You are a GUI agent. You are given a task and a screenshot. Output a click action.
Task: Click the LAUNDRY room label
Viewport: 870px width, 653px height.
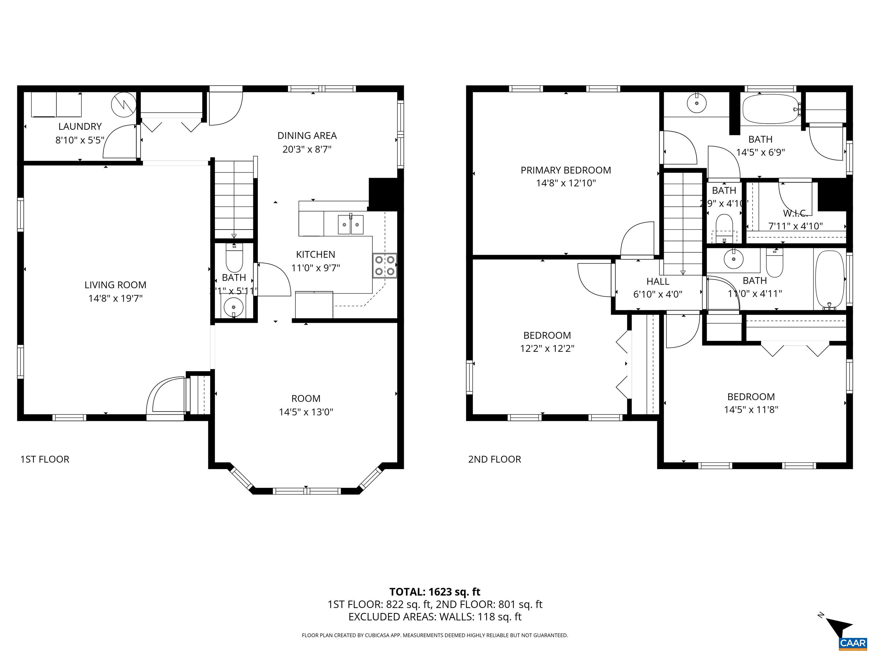[x=80, y=126]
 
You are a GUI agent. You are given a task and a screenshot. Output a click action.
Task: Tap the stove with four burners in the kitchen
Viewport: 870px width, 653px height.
[x=385, y=266]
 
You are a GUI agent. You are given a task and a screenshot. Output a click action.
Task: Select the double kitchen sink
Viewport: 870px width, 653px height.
[x=350, y=225]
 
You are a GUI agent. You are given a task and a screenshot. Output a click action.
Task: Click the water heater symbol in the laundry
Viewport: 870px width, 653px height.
[x=123, y=104]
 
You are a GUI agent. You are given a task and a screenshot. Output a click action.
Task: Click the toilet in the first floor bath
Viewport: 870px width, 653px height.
[x=234, y=258]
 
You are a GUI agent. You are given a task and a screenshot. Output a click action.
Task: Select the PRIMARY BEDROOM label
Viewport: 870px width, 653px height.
[x=566, y=170]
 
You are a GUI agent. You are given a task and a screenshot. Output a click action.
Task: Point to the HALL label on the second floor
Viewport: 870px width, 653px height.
[x=658, y=281]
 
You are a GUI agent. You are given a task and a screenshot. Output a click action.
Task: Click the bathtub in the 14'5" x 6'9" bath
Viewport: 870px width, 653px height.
[x=770, y=109]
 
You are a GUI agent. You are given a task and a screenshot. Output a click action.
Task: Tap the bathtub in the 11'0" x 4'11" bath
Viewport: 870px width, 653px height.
[x=829, y=280]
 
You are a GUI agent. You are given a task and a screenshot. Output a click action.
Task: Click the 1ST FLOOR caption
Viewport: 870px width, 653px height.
[x=45, y=459]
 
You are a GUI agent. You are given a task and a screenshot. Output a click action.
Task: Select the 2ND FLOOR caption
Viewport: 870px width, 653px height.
[x=494, y=459]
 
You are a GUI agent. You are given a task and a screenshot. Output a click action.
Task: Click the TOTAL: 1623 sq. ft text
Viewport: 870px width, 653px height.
[x=435, y=592]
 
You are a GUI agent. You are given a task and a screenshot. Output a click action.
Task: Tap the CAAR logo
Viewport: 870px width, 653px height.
[x=853, y=643]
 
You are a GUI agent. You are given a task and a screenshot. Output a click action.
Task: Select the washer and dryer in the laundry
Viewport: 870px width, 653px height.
[x=56, y=105]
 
